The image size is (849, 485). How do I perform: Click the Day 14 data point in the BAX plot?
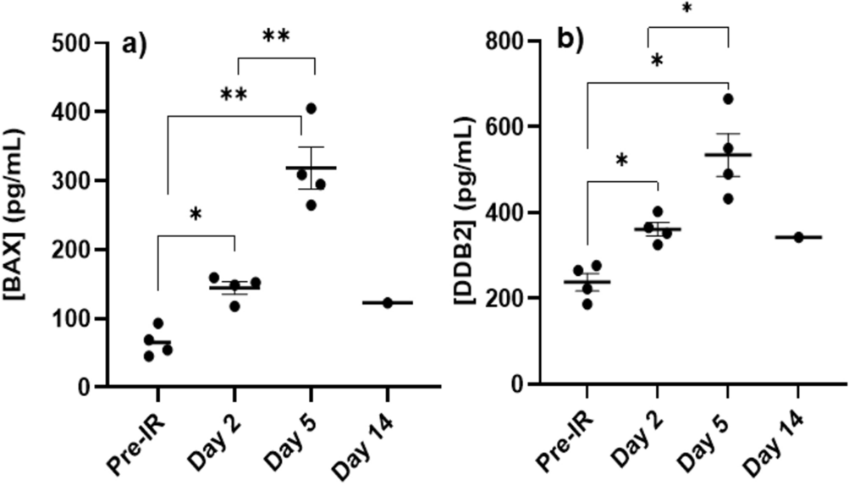tap(388, 302)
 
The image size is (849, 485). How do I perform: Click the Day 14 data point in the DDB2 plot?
tap(797, 237)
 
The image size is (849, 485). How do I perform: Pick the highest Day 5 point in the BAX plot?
tap(311, 108)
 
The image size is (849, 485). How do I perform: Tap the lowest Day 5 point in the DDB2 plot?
tap(728, 198)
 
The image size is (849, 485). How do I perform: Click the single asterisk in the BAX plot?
tap(196, 215)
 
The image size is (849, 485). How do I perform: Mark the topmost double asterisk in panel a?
tap(276, 36)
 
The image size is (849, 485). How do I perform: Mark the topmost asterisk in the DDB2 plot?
tap(687, 8)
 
